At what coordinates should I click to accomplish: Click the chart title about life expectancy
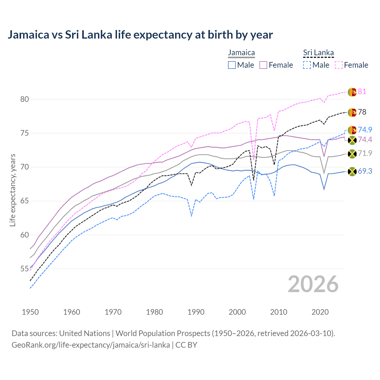[x=140, y=35]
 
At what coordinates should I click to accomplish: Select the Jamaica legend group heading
[x=241, y=53]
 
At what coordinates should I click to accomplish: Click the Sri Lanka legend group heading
[x=318, y=53]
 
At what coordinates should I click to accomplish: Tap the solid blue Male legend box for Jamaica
[x=232, y=65]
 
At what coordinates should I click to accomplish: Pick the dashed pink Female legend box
[x=339, y=65]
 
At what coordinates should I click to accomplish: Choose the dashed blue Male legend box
[x=307, y=65]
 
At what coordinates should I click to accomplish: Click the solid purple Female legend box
[x=263, y=65]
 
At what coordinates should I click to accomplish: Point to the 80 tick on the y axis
[x=25, y=99]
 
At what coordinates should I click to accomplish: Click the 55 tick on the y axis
[x=25, y=269]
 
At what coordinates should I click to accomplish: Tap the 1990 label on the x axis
[x=196, y=312]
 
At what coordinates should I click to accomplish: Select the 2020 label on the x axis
[x=320, y=312]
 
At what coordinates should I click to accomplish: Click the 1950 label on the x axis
[x=30, y=312]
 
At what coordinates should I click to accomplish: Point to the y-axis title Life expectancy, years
[x=13, y=190]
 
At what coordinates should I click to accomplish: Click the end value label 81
[x=362, y=92]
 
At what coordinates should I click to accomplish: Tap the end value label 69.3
[x=365, y=171]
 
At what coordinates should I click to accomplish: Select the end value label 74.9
[x=365, y=130]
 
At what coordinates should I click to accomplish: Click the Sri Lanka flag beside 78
[x=352, y=112]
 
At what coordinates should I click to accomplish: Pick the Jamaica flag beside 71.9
[x=352, y=153]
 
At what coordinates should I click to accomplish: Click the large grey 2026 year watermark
[x=313, y=284]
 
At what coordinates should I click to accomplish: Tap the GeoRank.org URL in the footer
[x=91, y=345]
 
